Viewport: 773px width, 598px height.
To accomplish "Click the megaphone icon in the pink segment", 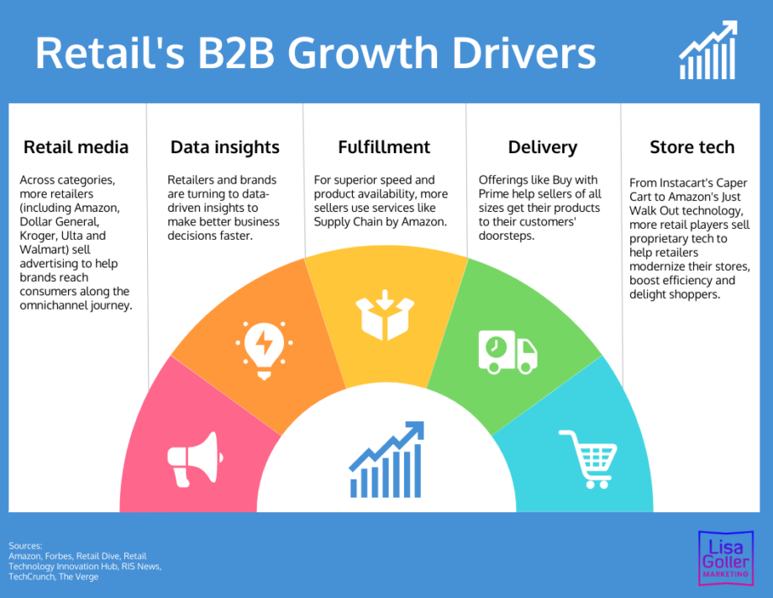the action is point(195,459).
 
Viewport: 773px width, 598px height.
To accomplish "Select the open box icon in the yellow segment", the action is point(385,315).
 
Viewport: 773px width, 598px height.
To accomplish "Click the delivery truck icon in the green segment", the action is point(507,352).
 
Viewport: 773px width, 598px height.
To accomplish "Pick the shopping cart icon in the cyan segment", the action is point(587,459).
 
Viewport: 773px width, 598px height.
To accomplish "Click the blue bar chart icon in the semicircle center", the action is point(386,459).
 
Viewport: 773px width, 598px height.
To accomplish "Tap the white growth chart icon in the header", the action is point(708,50).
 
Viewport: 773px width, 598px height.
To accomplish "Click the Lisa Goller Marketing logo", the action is point(726,558).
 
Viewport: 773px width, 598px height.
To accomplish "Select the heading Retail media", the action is point(76,147).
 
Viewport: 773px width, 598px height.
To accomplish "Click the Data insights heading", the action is point(225,147).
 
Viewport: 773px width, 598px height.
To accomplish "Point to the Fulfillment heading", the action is point(384,147).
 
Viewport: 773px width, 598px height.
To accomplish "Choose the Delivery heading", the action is point(543,147).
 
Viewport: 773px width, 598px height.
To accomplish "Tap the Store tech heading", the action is point(692,147).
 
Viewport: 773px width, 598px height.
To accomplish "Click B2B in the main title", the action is point(236,53).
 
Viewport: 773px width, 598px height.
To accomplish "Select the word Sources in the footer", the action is point(25,546).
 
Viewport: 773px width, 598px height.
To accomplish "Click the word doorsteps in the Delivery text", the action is point(507,235).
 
